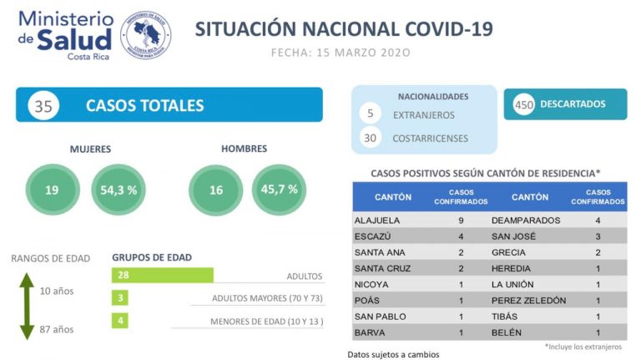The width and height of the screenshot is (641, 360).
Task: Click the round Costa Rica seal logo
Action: pos(146,33)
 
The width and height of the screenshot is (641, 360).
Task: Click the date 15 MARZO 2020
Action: pos(341,52)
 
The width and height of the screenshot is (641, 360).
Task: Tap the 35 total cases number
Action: pos(43,105)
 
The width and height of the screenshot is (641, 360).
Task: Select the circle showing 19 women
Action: pos(52,190)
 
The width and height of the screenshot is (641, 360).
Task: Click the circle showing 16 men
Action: pos(216,190)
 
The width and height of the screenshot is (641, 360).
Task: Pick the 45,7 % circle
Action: pos(280,190)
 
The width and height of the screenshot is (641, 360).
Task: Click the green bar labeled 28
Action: pos(162,275)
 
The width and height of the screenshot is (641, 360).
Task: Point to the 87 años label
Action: pos(57,330)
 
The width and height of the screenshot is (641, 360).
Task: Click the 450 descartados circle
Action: pos(523,104)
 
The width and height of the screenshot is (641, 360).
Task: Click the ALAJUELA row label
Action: pos(377,221)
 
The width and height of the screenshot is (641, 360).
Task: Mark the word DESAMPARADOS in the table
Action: pos(529,221)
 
